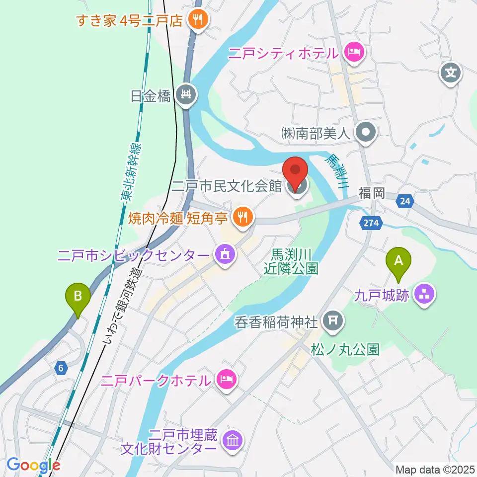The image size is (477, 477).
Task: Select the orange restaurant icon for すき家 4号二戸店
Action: (x=199, y=20)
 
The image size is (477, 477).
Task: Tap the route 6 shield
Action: (x=61, y=368)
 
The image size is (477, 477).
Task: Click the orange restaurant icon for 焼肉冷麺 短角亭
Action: (x=242, y=216)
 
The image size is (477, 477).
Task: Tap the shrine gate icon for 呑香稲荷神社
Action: (x=332, y=322)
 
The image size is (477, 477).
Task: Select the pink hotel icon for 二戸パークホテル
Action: (x=227, y=381)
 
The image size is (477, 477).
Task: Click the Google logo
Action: (x=33, y=465)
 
